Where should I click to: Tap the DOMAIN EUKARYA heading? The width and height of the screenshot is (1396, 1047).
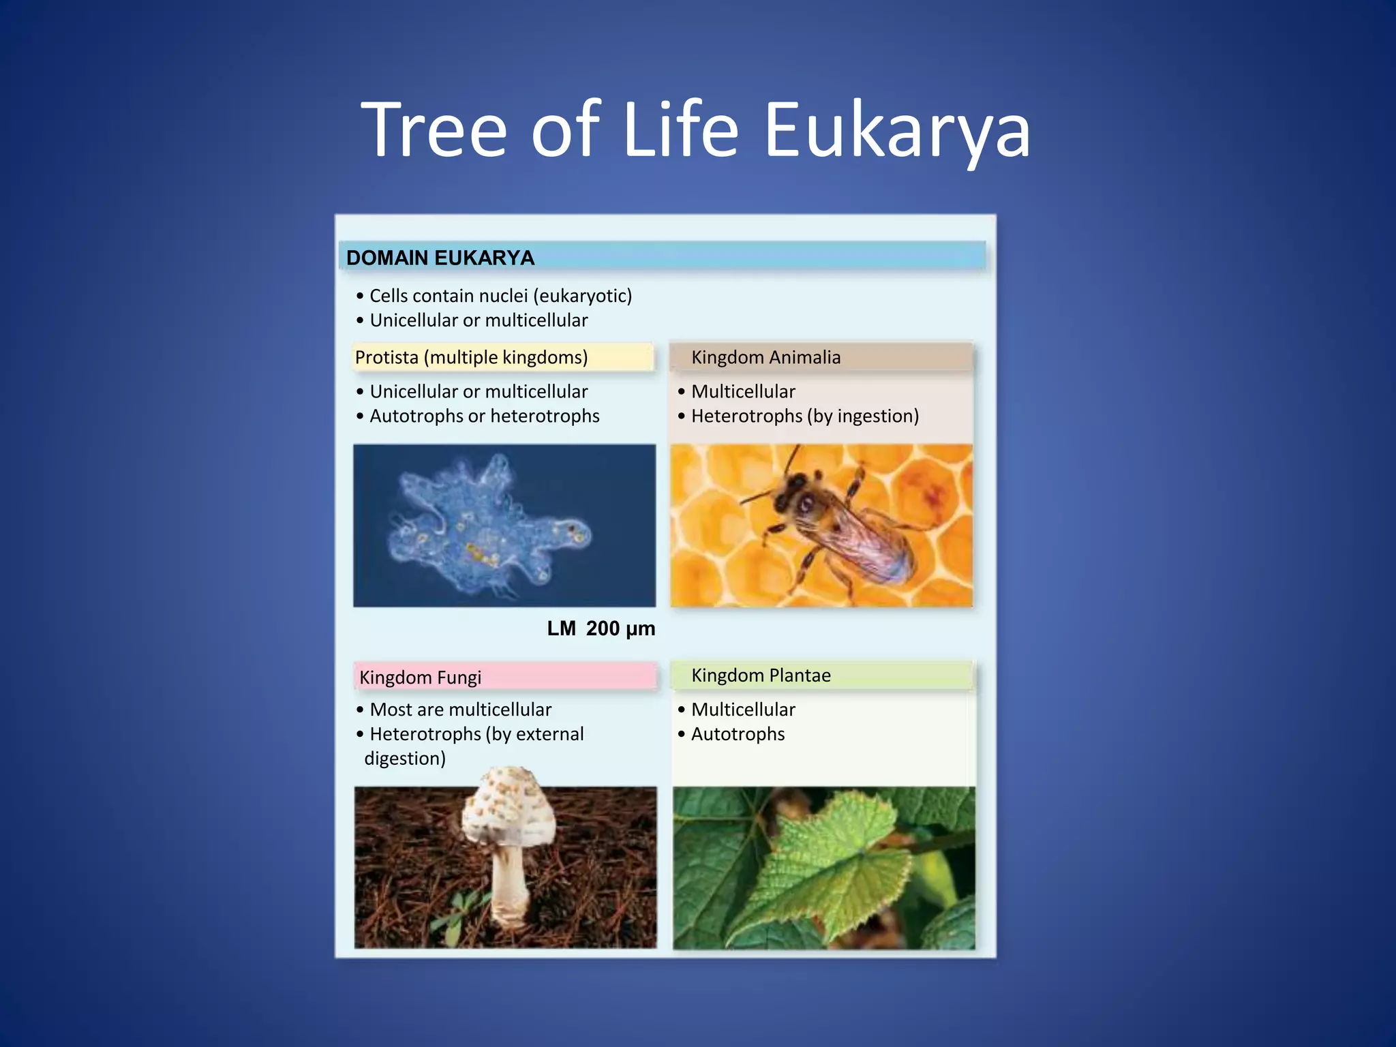440,258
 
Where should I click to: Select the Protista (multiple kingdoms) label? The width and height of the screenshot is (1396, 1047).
471,357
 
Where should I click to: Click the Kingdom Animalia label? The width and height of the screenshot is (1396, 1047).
765,357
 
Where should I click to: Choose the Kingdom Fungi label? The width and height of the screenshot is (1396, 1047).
420,677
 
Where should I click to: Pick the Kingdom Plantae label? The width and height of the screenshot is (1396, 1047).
761,675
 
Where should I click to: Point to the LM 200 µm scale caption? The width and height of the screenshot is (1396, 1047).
601,628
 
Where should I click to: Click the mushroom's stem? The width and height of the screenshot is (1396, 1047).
509,886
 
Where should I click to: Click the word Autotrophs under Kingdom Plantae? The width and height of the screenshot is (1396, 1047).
738,734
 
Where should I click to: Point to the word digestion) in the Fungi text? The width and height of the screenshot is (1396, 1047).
405,759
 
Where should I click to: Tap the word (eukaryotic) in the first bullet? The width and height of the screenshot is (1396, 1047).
583,296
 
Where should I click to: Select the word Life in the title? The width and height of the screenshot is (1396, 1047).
680,130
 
